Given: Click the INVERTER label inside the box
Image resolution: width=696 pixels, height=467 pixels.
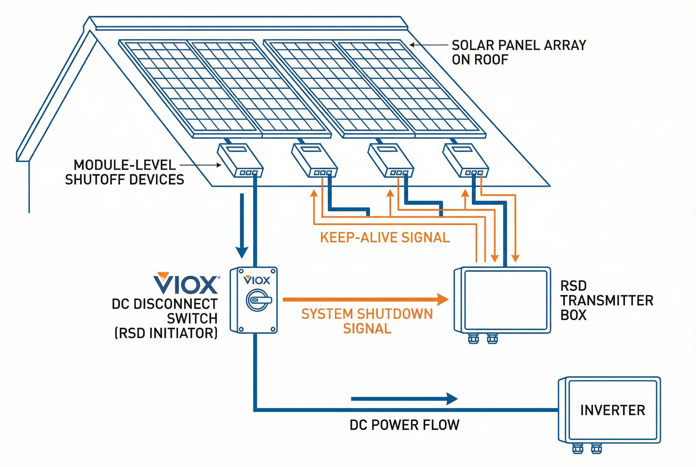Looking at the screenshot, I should (x=612, y=410).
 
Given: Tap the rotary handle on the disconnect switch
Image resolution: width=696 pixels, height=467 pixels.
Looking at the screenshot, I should (x=258, y=300).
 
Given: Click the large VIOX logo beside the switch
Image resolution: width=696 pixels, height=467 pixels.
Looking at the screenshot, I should (x=186, y=283).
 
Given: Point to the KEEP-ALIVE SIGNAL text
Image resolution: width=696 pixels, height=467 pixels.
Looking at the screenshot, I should (x=385, y=238).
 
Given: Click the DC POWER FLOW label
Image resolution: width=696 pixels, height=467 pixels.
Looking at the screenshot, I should (x=404, y=425).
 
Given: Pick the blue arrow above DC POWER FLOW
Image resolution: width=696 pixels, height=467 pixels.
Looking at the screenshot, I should (x=404, y=399).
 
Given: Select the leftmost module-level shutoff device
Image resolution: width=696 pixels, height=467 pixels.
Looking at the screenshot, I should (x=240, y=161).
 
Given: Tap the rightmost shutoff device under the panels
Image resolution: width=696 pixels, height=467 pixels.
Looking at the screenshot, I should (x=466, y=161).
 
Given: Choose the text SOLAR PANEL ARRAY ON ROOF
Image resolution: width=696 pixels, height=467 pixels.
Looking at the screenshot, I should (x=518, y=52).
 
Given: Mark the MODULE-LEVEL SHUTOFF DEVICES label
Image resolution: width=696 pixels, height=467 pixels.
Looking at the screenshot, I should (x=124, y=172).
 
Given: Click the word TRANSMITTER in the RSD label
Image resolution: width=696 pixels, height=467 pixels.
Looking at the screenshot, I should (x=607, y=300).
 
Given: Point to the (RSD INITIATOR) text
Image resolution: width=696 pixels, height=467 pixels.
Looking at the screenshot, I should (x=166, y=333).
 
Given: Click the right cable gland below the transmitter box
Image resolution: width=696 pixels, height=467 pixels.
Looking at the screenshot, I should (x=492, y=338).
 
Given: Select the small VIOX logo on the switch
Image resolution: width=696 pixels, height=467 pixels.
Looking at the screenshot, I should (x=257, y=280).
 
